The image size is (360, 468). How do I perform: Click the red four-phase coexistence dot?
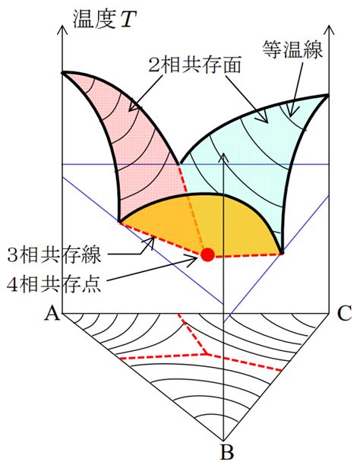click(207, 255)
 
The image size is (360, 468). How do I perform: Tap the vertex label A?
click(52, 313)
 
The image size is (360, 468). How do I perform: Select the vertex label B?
click(226, 452)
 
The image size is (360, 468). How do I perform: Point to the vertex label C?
click(345, 313)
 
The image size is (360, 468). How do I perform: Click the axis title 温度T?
click(104, 20)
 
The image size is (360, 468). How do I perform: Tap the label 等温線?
click(292, 49)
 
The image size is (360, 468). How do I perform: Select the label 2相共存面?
click(194, 65)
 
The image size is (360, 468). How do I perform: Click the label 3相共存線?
click(54, 255)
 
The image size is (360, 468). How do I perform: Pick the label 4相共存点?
click(54, 284)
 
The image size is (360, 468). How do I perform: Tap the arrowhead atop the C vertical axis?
click(329, 29)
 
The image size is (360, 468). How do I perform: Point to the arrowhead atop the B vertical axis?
click(223, 157)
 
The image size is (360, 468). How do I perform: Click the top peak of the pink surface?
click(62, 72)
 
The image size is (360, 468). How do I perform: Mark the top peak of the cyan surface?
click(328, 95)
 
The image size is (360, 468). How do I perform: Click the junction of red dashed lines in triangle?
click(207, 354)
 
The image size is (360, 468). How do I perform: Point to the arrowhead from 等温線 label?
click(291, 113)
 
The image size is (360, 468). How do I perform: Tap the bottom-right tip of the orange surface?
click(282, 254)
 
